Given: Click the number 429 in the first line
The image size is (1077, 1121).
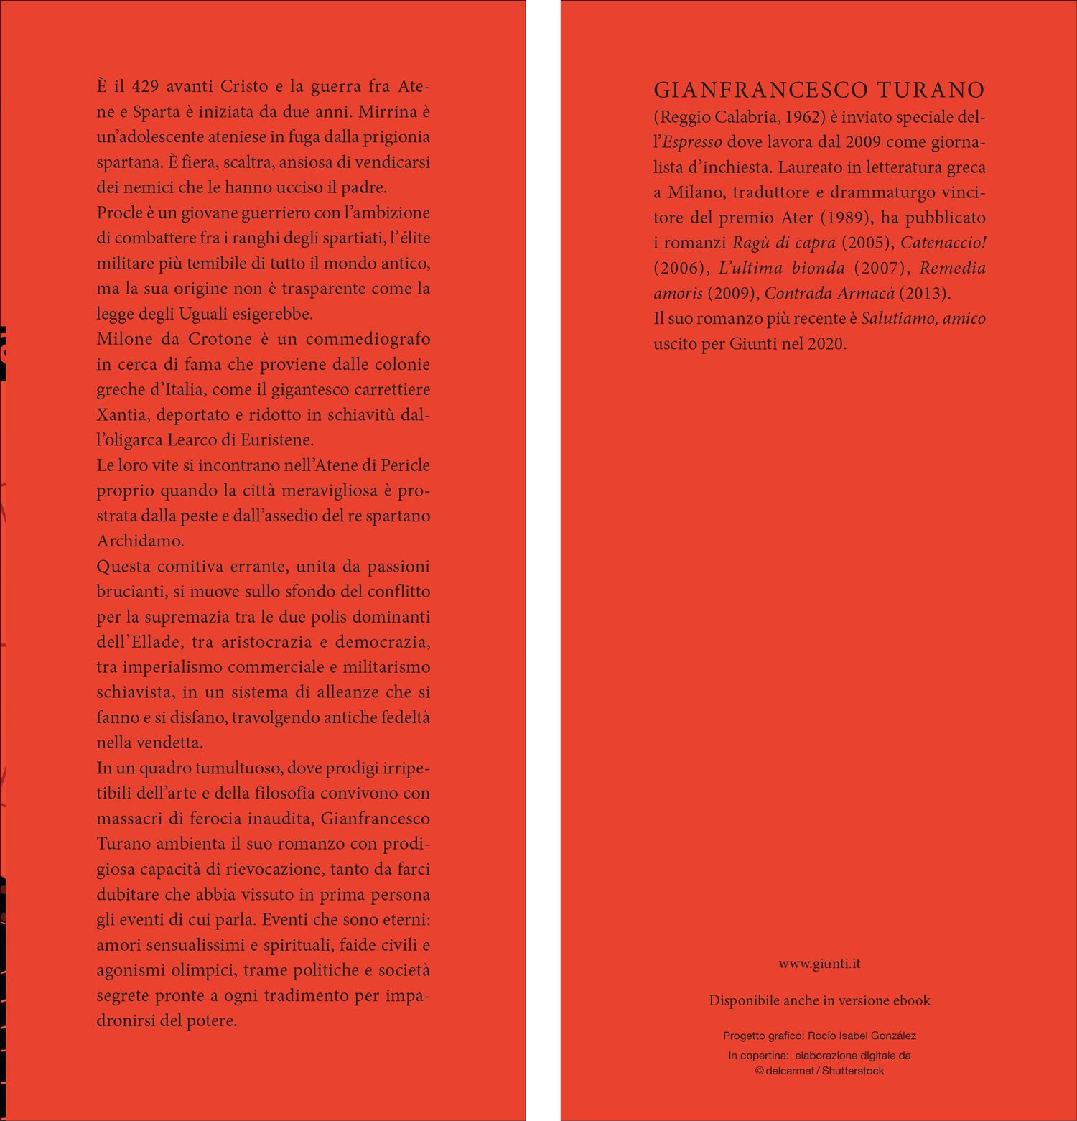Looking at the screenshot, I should (x=145, y=86).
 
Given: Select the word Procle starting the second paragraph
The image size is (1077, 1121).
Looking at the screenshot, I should (x=120, y=213).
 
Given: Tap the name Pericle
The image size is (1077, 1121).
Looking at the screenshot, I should (x=405, y=465).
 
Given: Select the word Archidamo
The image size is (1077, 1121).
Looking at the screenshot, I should (x=140, y=541).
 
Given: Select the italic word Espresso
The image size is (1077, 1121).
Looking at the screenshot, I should (x=692, y=142).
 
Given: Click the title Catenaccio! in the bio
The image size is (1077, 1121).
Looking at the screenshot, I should (x=943, y=243).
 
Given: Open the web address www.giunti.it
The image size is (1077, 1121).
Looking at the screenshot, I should (x=819, y=964).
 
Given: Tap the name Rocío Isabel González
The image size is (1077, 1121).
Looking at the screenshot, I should (x=862, y=1036).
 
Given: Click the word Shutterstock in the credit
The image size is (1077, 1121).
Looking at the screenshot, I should (x=853, y=1071).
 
